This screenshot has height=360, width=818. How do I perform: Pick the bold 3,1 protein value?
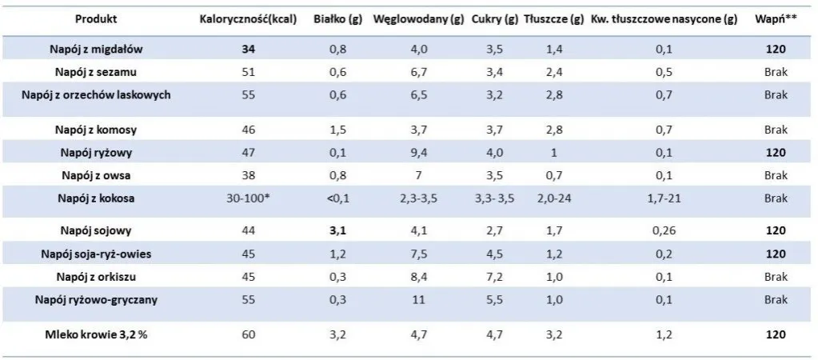[338, 231]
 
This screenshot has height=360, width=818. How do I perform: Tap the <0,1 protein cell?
[338, 198]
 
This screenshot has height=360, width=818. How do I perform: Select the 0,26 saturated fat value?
[664, 231]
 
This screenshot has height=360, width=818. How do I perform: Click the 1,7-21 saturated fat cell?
[664, 198]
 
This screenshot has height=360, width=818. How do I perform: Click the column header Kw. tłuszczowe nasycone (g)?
[664, 19]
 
